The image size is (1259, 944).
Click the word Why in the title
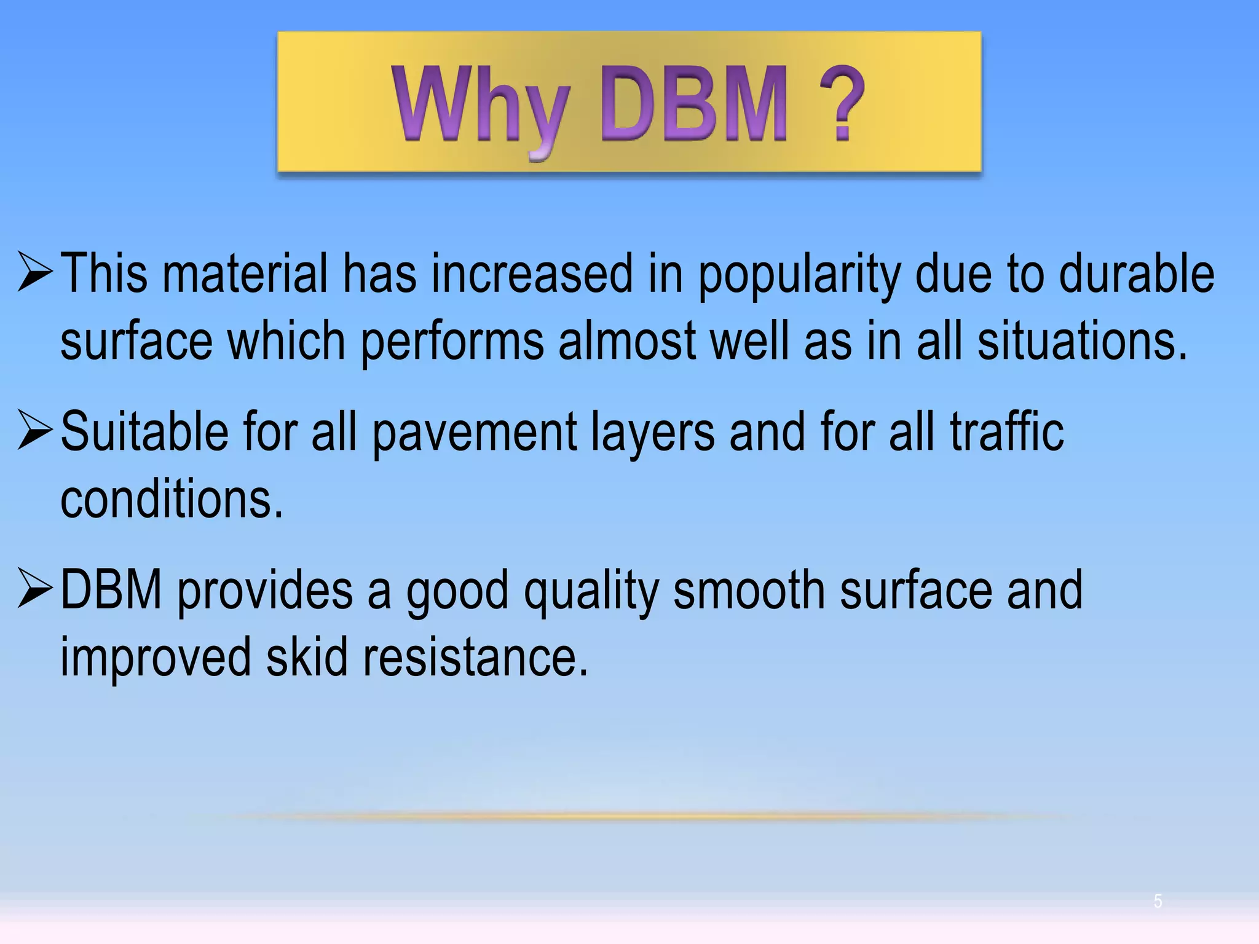[481, 106]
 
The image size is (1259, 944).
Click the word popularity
[799, 275]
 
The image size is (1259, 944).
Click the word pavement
[475, 432]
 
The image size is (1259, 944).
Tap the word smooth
[749, 589]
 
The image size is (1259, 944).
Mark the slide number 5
[1158, 901]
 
